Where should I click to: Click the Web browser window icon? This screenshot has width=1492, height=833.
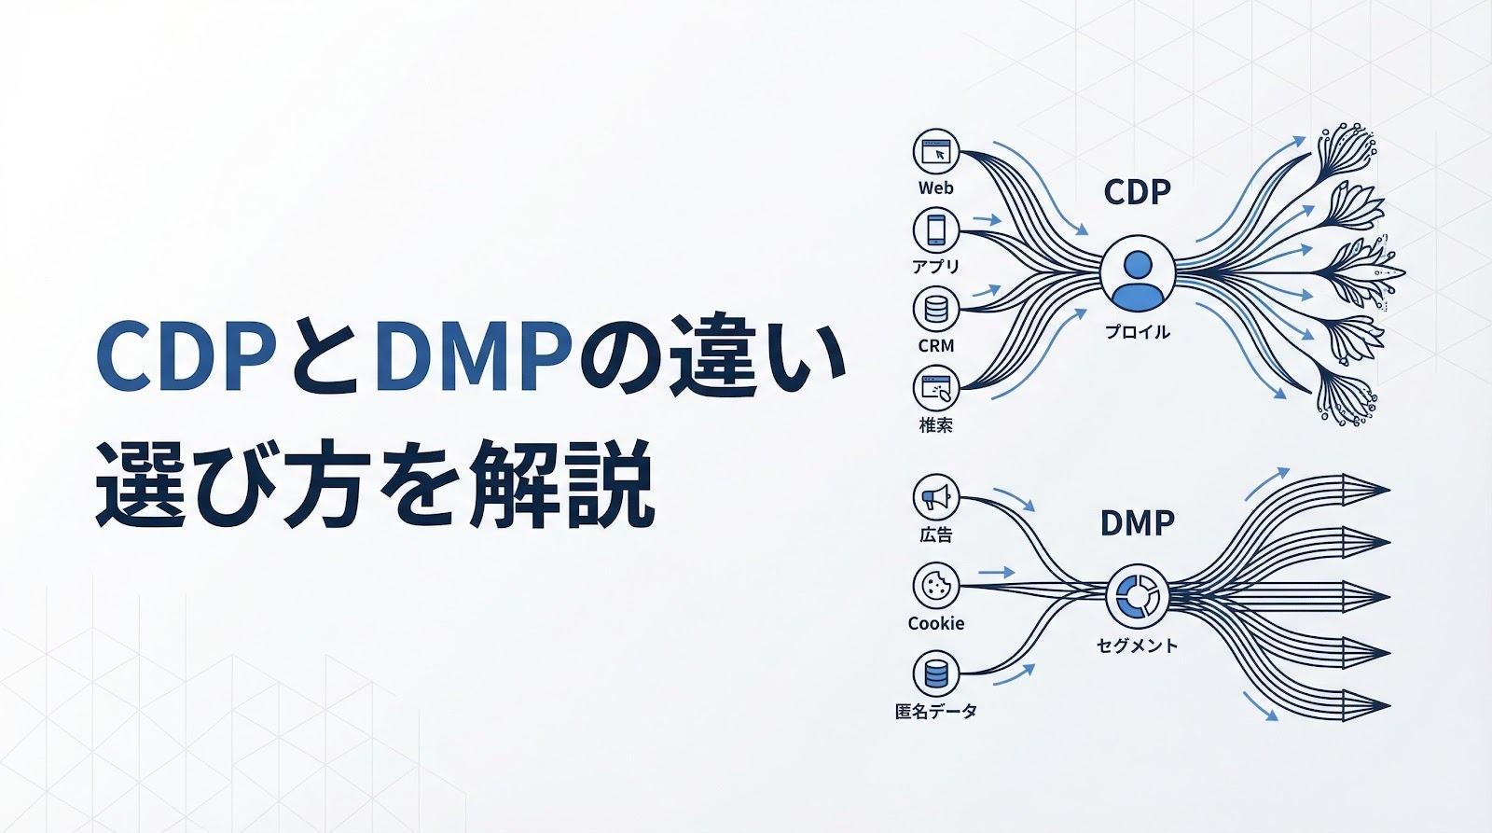[x=936, y=152]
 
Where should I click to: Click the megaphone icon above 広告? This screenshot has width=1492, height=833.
[x=935, y=497]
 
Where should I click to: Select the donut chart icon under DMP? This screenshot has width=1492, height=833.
[x=1137, y=597]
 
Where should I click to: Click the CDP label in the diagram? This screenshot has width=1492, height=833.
[x=1137, y=193]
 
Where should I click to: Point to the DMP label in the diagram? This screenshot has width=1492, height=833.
[x=1137, y=523]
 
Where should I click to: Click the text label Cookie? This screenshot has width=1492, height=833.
[x=935, y=623]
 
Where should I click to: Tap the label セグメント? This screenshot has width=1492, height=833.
[x=1137, y=645]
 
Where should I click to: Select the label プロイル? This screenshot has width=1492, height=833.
[x=1137, y=332]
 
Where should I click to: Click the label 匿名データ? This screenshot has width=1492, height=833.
[x=935, y=712]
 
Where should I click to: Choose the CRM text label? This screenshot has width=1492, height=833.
[x=935, y=346]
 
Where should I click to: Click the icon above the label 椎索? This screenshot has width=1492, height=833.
[x=936, y=387]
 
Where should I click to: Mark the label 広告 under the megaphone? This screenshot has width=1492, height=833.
[x=935, y=535]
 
